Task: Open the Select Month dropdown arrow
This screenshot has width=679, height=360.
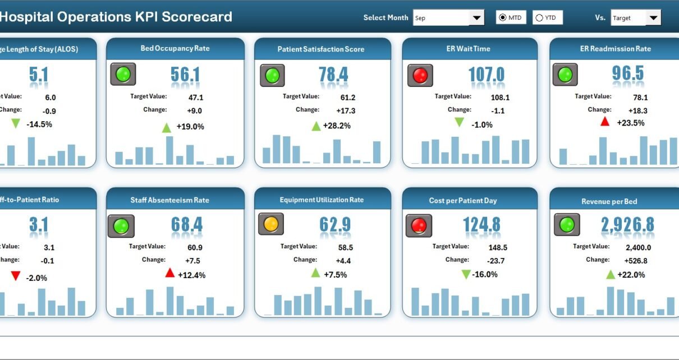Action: (x=477, y=18)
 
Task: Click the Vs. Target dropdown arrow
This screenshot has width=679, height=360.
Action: (x=653, y=18)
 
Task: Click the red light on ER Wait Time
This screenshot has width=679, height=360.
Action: (x=420, y=75)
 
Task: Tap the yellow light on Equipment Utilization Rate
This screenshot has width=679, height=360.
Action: (x=271, y=224)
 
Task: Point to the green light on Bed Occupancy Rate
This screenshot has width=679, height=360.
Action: (x=123, y=74)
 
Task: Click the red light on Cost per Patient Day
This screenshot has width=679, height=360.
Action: (x=419, y=225)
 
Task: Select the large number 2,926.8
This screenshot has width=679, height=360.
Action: (x=627, y=225)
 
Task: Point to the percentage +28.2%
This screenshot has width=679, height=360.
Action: (x=337, y=126)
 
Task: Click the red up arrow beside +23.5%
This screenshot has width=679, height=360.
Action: (x=605, y=122)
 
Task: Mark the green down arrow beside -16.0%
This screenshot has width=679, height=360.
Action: (x=466, y=274)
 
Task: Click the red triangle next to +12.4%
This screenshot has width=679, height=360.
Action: (x=170, y=273)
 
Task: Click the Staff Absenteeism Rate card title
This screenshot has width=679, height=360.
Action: (x=169, y=200)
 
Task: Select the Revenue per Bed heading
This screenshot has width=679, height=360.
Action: (x=609, y=201)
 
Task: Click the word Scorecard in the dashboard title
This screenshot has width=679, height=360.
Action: (x=197, y=17)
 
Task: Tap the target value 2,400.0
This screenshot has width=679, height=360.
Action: (x=638, y=247)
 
